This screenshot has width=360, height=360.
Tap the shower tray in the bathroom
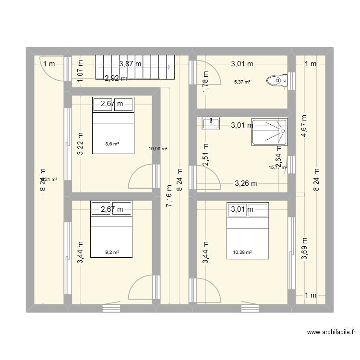pyautogui.click(x=269, y=132)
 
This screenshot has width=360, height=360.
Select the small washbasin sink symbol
pyautogui.click(x=211, y=123)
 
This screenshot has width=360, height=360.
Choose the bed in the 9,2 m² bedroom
pyautogui.click(x=111, y=231)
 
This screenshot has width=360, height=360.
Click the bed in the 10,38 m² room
pyautogui.click(x=247, y=231)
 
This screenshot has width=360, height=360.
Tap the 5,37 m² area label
pyautogui.click(x=242, y=82)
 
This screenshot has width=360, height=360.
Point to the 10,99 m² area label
pyautogui.click(x=158, y=149)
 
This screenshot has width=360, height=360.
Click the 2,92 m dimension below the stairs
pyautogui.click(x=116, y=79)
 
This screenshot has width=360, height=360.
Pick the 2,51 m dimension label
pyautogui.click(x=205, y=155)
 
